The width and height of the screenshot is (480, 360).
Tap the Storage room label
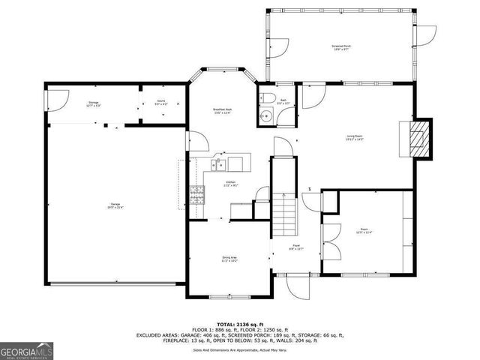pos(93,103)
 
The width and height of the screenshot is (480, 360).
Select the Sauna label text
pos(160,103)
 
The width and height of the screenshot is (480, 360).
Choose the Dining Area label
pos(229,259)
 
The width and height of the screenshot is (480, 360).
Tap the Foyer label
pos(297,247)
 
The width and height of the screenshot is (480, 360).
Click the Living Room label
pos(355,137)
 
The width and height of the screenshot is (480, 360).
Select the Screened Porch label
pos(342,47)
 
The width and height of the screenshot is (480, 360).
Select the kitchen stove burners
pos(199,195)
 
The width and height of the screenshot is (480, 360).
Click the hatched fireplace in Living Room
pos(422,139)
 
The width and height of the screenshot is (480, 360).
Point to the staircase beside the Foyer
pos(285,213)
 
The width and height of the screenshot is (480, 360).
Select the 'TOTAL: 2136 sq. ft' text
pos(234,322)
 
